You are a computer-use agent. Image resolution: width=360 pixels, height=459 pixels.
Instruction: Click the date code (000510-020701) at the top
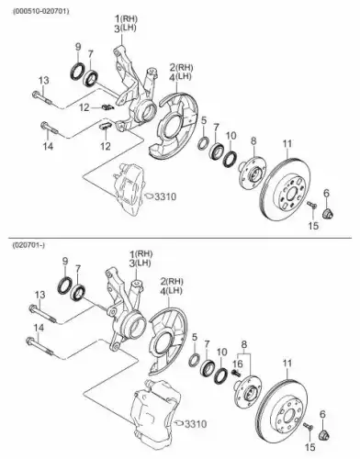click(x=40, y=11)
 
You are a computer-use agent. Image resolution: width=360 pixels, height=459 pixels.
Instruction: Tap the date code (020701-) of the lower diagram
click(x=28, y=245)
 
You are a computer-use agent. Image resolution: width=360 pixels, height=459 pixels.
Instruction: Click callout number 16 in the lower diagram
click(x=238, y=364)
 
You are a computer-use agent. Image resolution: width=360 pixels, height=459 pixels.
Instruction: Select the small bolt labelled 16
click(x=236, y=374)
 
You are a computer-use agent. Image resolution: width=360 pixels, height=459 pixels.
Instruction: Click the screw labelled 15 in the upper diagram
click(x=312, y=205)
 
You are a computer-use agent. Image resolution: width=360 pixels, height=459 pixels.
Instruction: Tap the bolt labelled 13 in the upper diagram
click(x=42, y=97)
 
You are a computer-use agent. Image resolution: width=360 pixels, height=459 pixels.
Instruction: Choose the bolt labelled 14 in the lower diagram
click(x=40, y=347)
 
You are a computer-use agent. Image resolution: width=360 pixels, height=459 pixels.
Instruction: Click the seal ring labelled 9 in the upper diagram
click(x=77, y=71)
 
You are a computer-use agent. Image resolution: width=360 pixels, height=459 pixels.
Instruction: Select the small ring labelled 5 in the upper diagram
click(x=204, y=143)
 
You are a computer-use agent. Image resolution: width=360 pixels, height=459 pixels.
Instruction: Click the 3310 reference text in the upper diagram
click(x=165, y=196)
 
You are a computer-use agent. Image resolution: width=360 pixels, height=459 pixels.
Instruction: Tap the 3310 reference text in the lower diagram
click(x=196, y=424)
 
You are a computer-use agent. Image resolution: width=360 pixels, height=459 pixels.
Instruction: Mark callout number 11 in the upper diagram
click(x=287, y=143)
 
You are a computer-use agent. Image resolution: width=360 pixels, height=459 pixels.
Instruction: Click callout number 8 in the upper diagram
click(x=253, y=141)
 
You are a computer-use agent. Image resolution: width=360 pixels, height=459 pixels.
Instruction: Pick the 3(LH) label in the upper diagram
click(x=125, y=28)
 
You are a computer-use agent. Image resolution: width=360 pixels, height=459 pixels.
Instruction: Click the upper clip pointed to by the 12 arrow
click(x=107, y=107)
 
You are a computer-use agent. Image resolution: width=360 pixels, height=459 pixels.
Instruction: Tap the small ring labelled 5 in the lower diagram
click(x=195, y=359)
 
